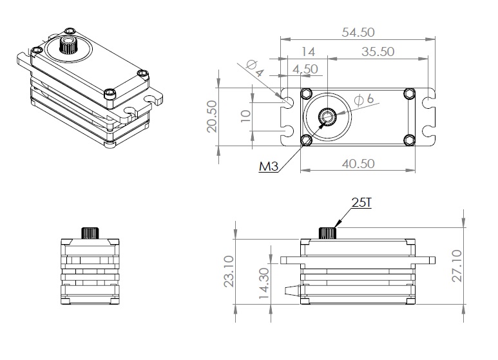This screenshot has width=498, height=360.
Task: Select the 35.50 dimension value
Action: tap(378, 52)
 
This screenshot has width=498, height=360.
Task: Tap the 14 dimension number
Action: tap(307, 52)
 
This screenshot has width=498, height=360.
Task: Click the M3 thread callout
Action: tap(269, 167)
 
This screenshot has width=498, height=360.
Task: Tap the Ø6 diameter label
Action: tap(364, 100)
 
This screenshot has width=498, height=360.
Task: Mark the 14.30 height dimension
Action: tap(262, 283)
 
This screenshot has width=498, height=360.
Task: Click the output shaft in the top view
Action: tap(327, 117)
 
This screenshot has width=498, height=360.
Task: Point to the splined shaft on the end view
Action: tap(90, 232)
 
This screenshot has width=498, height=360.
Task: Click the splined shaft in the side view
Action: tap(329, 232)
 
